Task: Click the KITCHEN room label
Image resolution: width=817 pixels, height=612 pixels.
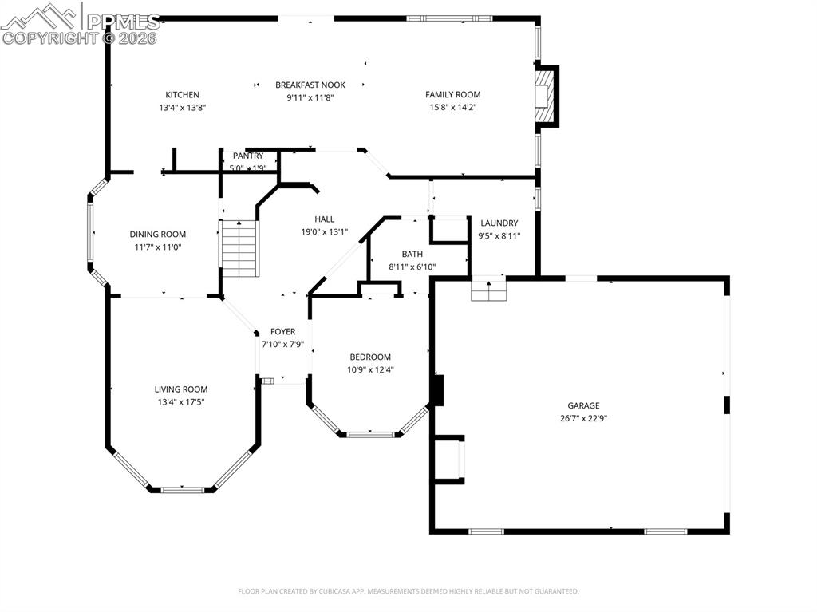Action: (182, 95)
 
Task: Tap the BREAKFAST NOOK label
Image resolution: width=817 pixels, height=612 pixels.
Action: (310, 85)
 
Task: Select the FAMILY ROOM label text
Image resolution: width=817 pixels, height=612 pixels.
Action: (452, 95)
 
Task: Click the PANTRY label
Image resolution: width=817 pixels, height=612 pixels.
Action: (247, 156)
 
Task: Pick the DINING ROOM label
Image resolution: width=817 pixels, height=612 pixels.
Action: (157, 235)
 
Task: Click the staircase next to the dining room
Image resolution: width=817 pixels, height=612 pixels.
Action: (240, 248)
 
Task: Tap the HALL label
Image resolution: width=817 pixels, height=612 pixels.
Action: (324, 219)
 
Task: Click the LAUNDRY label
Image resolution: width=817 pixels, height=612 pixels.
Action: (499, 223)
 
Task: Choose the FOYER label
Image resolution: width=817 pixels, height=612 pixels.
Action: (282, 332)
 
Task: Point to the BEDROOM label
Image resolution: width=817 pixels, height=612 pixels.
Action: (370, 357)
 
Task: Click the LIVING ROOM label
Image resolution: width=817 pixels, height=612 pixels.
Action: (181, 390)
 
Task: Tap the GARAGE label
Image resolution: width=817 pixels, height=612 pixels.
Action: (583, 405)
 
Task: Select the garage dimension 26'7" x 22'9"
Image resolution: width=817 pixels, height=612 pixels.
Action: (583, 418)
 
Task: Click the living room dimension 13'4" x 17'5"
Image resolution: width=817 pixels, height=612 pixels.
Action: (181, 403)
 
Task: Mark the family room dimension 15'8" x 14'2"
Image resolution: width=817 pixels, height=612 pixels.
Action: (452, 107)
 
